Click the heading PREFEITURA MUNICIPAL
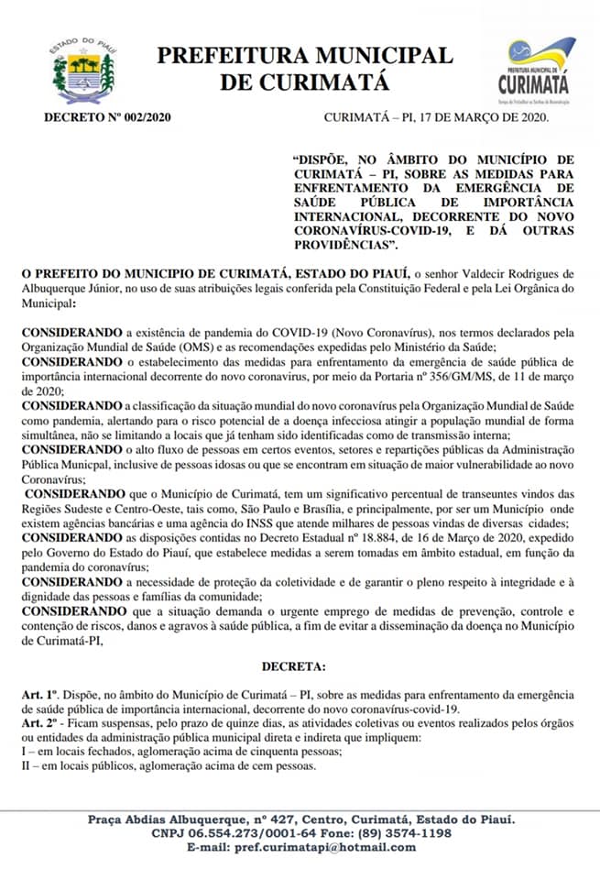click(305, 55)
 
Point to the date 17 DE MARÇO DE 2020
click(487, 116)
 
